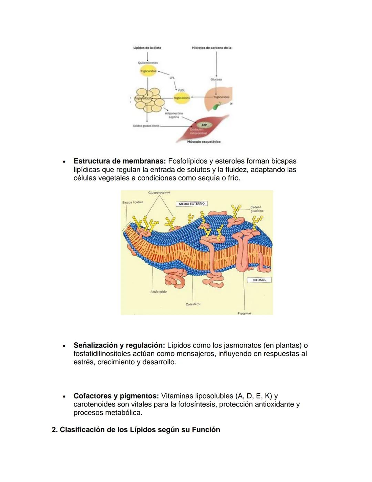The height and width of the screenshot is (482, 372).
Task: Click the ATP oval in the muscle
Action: (x=204, y=125)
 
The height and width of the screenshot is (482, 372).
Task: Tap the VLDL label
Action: (x=181, y=90)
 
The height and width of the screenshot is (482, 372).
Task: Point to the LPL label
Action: (x=172, y=78)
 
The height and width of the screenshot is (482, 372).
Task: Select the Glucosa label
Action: (x=216, y=79)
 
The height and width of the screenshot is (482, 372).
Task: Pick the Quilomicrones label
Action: (x=148, y=63)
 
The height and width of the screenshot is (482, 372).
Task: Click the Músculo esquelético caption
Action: (x=204, y=142)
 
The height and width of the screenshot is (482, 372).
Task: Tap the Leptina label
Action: (x=174, y=117)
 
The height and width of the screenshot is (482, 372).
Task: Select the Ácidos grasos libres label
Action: (x=146, y=126)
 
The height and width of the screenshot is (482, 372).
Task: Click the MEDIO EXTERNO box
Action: (x=192, y=204)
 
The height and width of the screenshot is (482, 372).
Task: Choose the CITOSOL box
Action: (x=259, y=280)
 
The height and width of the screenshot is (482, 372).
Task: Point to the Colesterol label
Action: (x=193, y=304)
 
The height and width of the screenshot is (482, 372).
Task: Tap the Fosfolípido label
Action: (x=158, y=292)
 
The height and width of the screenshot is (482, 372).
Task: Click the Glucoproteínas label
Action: (x=159, y=193)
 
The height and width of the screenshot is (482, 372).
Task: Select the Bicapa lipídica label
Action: (x=133, y=202)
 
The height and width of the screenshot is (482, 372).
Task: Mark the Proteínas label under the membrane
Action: (x=245, y=313)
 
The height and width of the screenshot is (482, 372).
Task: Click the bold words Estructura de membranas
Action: (x=120, y=161)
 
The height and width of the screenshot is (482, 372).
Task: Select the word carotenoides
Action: (x=95, y=404)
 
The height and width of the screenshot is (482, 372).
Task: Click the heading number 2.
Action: (x=54, y=430)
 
